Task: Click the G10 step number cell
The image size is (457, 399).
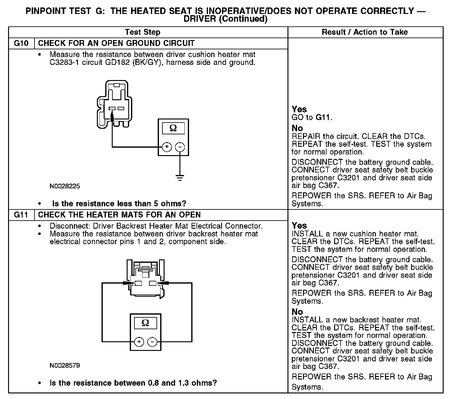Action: coord(21,43)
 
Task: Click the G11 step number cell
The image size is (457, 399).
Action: coord(21,215)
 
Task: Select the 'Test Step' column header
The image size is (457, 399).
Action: coord(143,32)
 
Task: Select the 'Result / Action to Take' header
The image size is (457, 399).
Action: coord(365,32)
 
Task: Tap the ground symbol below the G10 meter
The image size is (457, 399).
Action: coord(180,178)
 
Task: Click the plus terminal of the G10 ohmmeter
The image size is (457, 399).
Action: coord(167,147)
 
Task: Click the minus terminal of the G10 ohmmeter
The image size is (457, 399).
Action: coord(180,147)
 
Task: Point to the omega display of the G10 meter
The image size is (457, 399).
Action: coord(173,128)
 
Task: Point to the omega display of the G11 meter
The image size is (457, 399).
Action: coord(145,323)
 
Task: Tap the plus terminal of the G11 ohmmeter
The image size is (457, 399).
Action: coord(139,342)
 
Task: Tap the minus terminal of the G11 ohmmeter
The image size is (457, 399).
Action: coord(152,342)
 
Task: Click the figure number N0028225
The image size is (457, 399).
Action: coord(65,186)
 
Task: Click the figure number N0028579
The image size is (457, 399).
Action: coord(65,365)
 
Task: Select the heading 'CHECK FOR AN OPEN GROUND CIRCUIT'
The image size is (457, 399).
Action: coord(116,43)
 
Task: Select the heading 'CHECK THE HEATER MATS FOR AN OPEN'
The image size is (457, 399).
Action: coord(119,215)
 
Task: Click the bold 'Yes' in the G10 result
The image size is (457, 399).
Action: coord(299,109)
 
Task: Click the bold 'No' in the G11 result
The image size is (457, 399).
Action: coord(297,312)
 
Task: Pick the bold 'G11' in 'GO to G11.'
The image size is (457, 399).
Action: coord(323,118)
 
